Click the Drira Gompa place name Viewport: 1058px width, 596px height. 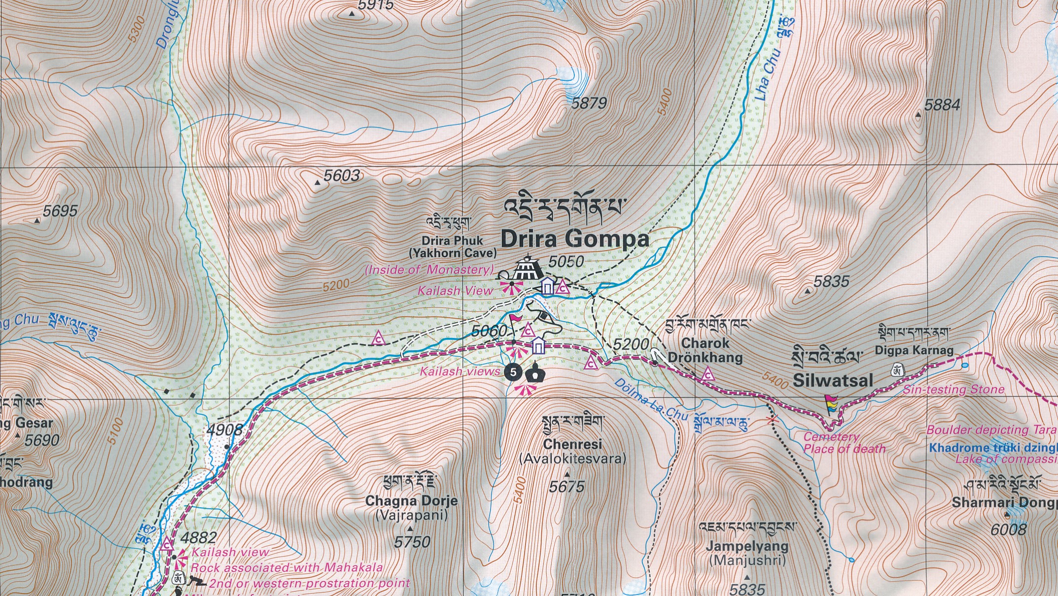575,239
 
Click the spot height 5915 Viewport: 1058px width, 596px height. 376,5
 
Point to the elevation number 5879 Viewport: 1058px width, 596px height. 589,103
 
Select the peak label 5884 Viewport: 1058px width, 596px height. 942,105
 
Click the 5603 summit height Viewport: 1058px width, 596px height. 341,175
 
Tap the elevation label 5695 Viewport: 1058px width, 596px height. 60,211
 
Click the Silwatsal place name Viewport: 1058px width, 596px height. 833,380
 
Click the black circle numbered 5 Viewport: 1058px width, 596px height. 513,372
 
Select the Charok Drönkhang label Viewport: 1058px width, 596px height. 705,350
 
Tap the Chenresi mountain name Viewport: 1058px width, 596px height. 572,444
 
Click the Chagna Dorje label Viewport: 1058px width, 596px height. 411,501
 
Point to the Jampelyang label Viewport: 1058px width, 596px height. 747,546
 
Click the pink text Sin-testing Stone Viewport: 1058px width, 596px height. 953,390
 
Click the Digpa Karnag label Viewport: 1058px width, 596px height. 914,350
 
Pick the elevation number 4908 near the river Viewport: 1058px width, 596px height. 224,430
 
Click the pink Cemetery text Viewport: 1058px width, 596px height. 831,436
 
